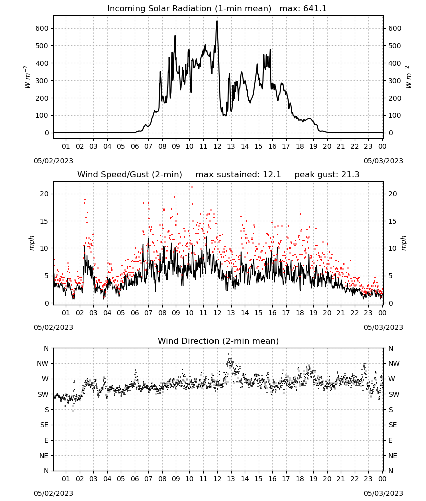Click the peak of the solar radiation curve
coord(217,21)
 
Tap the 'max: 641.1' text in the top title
coord(303,9)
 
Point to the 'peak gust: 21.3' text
coord(327,175)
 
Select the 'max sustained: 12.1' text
coord(238,175)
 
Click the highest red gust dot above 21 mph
coord(192,187)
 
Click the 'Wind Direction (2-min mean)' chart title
coord(219,341)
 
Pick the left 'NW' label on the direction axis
coord(43,364)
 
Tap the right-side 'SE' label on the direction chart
coord(393,425)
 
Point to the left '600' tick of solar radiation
coord(42,29)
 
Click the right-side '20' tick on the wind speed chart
coord(393,194)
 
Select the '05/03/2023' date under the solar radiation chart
coord(383,161)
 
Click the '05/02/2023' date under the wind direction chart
coord(53,493)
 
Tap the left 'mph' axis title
coord(31,243)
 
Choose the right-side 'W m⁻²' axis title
coord(409,77)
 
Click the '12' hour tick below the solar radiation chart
coord(217,147)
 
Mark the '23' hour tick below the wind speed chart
coord(368,313)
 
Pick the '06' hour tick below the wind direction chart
coord(135,479)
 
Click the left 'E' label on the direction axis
coord(46,440)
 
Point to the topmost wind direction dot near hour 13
coord(228,354)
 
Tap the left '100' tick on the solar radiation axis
coord(42,116)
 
